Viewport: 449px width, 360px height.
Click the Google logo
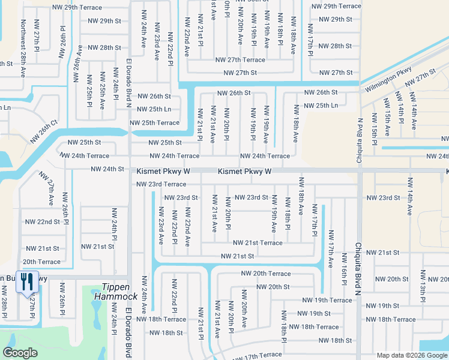click(x=20, y=352)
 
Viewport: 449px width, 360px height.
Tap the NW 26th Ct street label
click(x=46, y=128)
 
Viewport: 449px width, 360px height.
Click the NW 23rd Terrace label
click(x=161, y=184)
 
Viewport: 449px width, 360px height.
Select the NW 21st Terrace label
click(x=258, y=242)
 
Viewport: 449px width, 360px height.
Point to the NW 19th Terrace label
click(x=327, y=300)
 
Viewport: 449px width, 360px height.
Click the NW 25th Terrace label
click(x=155, y=123)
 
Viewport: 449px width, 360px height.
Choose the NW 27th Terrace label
click(x=240, y=60)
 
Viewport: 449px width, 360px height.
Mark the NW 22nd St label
click(x=42, y=221)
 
